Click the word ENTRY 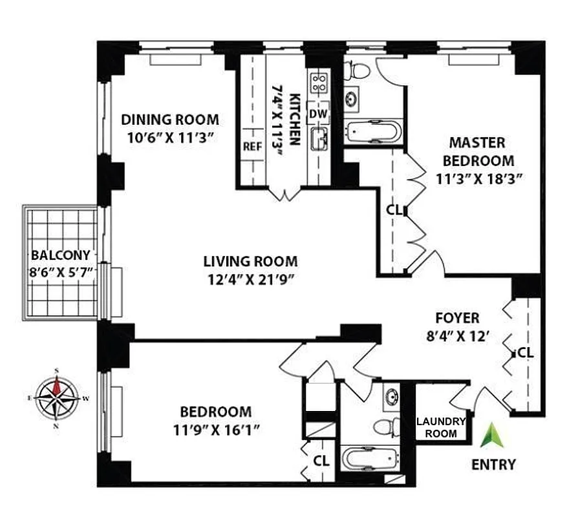pyautogui.click(x=493, y=464)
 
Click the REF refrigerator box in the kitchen pyautogui.click(x=251, y=146)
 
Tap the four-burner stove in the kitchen pyautogui.click(x=318, y=81)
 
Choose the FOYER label pyautogui.click(x=456, y=318)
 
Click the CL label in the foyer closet pyautogui.click(x=524, y=353)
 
